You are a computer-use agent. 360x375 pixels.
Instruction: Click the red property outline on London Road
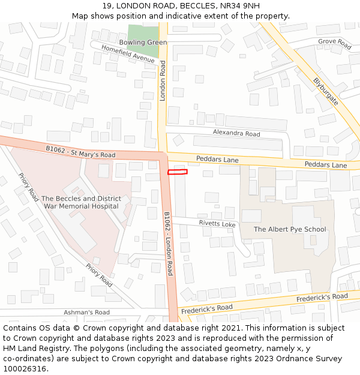[178, 172]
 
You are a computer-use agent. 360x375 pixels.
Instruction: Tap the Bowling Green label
[143, 43]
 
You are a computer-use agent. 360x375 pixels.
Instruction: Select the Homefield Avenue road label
[128, 54]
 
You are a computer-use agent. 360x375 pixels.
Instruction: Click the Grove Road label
[335, 44]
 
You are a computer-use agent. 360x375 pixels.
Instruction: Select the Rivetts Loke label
[217, 223]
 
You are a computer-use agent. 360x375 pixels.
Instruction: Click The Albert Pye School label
[290, 229]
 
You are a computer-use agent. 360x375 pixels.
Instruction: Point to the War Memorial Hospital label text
[81, 206]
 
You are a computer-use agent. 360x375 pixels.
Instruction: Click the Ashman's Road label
[87, 312]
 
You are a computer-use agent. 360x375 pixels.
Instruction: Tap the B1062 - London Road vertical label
[169, 243]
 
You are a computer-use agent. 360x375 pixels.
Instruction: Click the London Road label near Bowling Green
[162, 80]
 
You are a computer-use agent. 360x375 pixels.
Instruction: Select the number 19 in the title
[107, 5]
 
